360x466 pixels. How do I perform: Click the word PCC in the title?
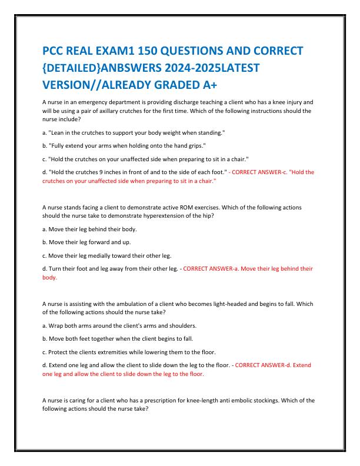pos(56,49)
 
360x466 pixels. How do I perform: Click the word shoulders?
pos(182,325)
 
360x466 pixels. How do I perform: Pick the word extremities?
pos(115,352)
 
